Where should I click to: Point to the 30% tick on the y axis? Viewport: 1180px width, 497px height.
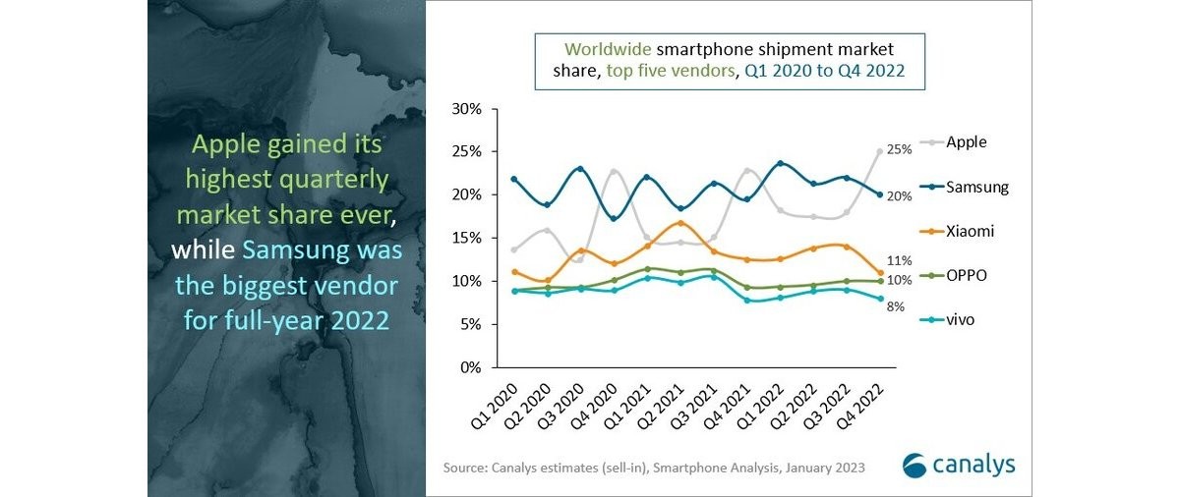click(x=466, y=108)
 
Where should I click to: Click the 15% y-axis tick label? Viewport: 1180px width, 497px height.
click(x=466, y=238)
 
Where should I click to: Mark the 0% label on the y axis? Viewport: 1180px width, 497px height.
click(x=470, y=367)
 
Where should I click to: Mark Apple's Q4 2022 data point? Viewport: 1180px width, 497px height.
click(x=879, y=151)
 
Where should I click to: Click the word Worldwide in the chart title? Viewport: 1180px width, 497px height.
click(x=600, y=48)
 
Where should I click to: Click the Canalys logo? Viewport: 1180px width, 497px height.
click(x=959, y=465)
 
